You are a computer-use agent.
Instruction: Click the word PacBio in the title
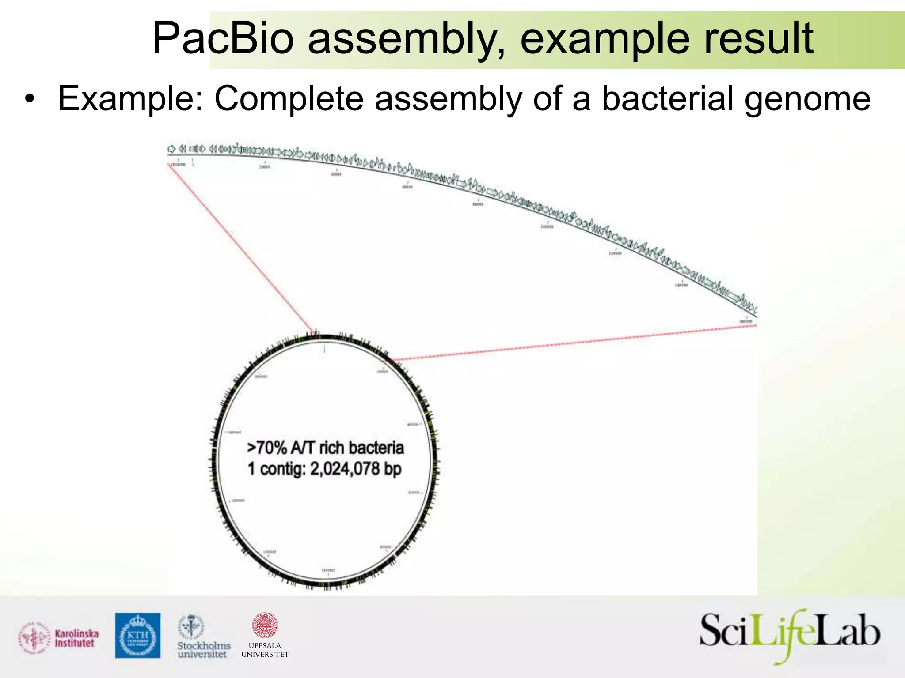(x=222, y=40)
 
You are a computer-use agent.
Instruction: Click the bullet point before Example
(x=30, y=99)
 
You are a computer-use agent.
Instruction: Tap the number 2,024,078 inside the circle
(x=345, y=469)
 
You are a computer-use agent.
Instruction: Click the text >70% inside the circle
(x=267, y=448)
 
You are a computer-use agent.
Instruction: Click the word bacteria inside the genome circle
(x=376, y=448)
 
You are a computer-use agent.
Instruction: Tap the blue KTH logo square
(x=138, y=635)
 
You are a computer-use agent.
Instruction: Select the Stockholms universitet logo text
(x=203, y=650)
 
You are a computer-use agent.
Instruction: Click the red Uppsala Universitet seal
(x=265, y=625)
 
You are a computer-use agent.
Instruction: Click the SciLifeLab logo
(x=790, y=635)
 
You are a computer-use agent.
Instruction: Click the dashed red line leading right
(x=574, y=342)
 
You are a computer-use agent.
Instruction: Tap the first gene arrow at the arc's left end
(x=171, y=148)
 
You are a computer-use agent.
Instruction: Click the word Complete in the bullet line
(x=289, y=99)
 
